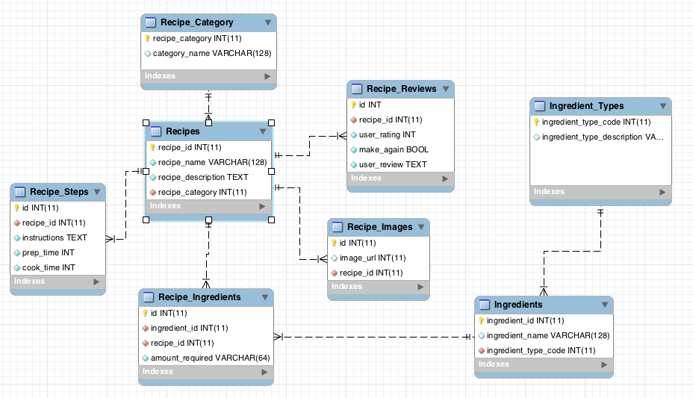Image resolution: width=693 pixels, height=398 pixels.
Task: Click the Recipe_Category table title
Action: pyautogui.click(x=196, y=22)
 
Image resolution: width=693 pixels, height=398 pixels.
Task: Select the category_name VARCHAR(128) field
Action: pyautogui.click(x=211, y=54)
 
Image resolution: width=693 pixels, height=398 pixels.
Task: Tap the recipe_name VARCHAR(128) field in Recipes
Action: pyautogui.click(x=212, y=162)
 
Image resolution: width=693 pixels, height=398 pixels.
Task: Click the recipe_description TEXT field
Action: pyautogui.click(x=203, y=177)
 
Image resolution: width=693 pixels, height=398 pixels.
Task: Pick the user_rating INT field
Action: pyautogui.click(x=387, y=134)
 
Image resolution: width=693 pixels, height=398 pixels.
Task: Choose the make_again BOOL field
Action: pyautogui.click(x=394, y=149)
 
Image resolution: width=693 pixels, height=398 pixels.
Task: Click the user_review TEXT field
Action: pyautogui.click(x=393, y=164)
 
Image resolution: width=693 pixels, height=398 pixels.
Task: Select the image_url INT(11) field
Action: pyautogui.click(x=373, y=258)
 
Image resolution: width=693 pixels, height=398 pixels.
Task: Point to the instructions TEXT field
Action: pyautogui.click(x=55, y=237)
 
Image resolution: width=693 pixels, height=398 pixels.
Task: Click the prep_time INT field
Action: pyautogui.click(x=48, y=252)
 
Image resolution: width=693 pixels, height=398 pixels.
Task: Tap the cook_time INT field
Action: pyautogui.click(x=49, y=267)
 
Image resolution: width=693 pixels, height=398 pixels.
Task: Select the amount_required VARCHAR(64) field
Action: pyautogui.click(x=210, y=358)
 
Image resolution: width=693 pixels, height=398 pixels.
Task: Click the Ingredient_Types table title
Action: pyautogui.click(x=586, y=106)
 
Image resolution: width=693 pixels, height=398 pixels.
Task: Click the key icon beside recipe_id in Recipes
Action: pyautogui.click(x=152, y=147)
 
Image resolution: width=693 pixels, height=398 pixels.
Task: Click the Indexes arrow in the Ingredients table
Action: pyautogui.click(x=605, y=364)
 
